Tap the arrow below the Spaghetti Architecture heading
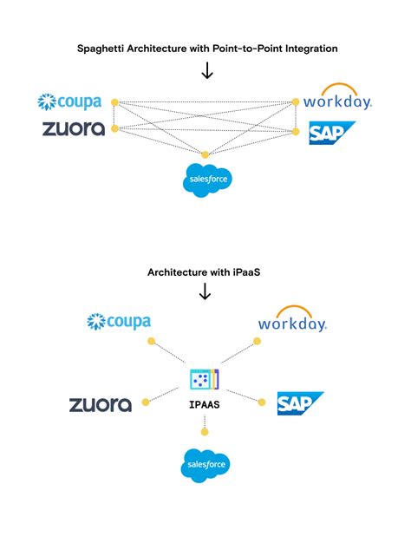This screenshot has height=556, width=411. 206,70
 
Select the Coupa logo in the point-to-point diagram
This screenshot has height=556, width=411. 71,102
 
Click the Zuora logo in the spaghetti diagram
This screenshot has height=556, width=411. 74,129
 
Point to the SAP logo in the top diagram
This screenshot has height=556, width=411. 332,133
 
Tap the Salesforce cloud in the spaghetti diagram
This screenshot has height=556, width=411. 206,179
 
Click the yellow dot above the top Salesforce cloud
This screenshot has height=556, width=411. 205,154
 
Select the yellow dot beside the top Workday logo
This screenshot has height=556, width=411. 296,102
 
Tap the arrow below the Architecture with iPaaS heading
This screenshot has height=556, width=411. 206,292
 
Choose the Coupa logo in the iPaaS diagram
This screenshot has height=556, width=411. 119,323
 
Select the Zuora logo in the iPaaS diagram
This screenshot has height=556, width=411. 101,404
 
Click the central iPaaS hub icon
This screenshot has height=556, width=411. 205,379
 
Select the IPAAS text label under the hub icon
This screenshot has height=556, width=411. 205,404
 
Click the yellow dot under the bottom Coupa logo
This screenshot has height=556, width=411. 150,343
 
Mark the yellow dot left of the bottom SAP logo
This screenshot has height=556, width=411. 262,401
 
